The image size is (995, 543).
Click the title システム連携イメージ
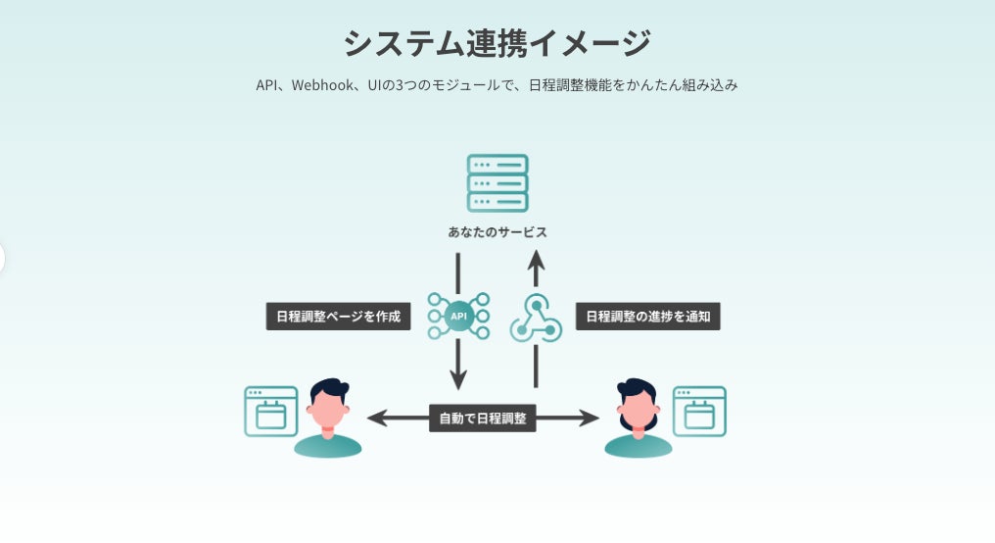pyautogui.click(x=497, y=44)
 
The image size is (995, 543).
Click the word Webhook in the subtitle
pyautogui.click(x=319, y=85)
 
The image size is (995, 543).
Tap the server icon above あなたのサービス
pyautogui.click(x=497, y=182)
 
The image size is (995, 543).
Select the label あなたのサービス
pyautogui.click(x=497, y=233)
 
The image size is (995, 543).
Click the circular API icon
pyautogui.click(x=458, y=316)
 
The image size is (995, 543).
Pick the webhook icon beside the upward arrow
pyautogui.click(x=536, y=319)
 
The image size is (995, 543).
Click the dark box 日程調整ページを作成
pyautogui.click(x=339, y=317)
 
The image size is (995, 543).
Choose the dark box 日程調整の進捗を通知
pyautogui.click(x=648, y=317)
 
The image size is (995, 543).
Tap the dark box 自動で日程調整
pyautogui.click(x=483, y=419)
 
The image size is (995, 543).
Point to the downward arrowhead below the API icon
pyautogui.click(x=458, y=378)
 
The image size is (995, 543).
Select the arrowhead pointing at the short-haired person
pyautogui.click(x=376, y=419)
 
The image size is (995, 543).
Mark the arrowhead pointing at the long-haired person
pyautogui.click(x=590, y=419)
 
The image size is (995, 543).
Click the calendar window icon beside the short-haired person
pyautogui.click(x=270, y=412)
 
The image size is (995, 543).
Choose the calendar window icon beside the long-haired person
pyautogui.click(x=699, y=412)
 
